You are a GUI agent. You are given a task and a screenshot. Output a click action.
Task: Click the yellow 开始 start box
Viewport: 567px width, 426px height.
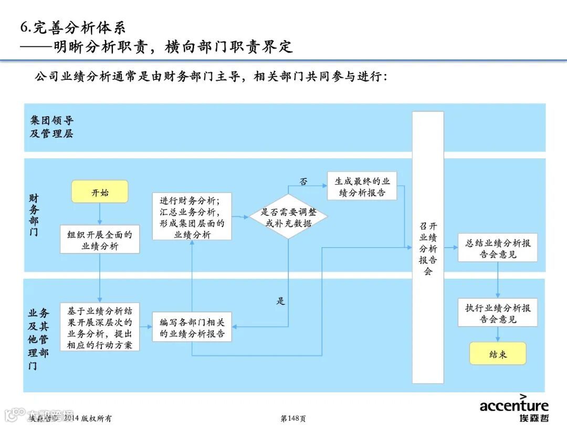100,192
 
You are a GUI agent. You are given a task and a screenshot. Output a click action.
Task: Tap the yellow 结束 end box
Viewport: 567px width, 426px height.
498,354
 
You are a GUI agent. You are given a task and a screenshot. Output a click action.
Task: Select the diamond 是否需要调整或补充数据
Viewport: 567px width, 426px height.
288,216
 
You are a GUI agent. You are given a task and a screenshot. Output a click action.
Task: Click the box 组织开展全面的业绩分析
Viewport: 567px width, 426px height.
100,240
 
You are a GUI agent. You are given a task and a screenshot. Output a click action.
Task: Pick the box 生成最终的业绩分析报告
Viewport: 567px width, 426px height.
362,186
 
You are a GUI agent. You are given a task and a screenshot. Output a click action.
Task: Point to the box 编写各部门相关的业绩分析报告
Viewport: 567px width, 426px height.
192,327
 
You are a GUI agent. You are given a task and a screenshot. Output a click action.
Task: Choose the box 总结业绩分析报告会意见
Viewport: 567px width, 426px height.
498,248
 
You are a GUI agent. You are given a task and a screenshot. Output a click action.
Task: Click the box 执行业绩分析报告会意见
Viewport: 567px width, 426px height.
498,313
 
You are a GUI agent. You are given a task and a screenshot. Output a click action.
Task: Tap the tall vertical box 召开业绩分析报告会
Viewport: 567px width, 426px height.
428,247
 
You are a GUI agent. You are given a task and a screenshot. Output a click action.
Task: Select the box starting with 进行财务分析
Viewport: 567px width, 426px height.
192,216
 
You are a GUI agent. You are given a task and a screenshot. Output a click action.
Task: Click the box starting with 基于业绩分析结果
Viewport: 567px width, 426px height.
100,327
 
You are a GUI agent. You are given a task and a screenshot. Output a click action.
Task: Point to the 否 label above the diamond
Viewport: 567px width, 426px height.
303,181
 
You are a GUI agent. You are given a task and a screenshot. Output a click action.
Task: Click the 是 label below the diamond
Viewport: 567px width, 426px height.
281,301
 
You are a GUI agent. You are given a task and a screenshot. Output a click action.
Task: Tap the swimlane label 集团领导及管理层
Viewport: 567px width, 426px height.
51,127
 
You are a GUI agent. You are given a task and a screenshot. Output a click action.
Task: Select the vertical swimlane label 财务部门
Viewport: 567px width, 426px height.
34,215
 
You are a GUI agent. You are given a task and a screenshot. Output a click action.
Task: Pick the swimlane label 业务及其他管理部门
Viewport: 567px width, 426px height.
38,339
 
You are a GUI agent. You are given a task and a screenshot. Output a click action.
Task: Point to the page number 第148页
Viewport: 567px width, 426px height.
293,418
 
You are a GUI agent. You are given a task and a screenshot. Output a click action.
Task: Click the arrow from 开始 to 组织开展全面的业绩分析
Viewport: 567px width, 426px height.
100,214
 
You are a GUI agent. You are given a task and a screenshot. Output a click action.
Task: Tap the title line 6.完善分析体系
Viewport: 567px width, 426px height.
73,27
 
